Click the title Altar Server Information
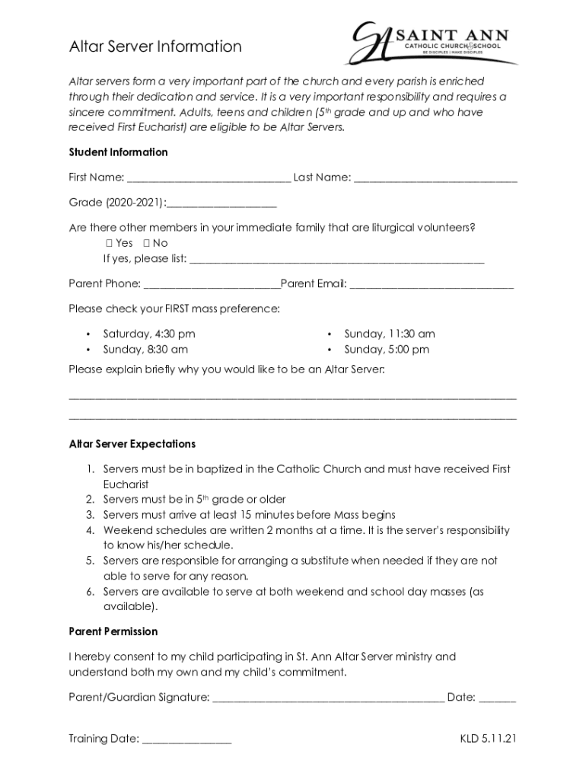(x=155, y=46)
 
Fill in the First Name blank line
(x=209, y=179)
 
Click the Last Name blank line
(x=435, y=179)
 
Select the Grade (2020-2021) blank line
(x=221, y=204)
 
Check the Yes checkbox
(x=108, y=243)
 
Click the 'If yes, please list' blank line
(x=336, y=260)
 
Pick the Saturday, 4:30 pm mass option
(x=148, y=334)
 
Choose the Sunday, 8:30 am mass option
(x=145, y=350)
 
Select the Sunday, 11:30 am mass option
(x=390, y=334)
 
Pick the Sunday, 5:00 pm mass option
(x=387, y=350)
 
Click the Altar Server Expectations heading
(x=132, y=444)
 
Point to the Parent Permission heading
(x=113, y=631)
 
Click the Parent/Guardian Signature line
(x=328, y=698)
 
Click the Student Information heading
(x=118, y=152)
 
